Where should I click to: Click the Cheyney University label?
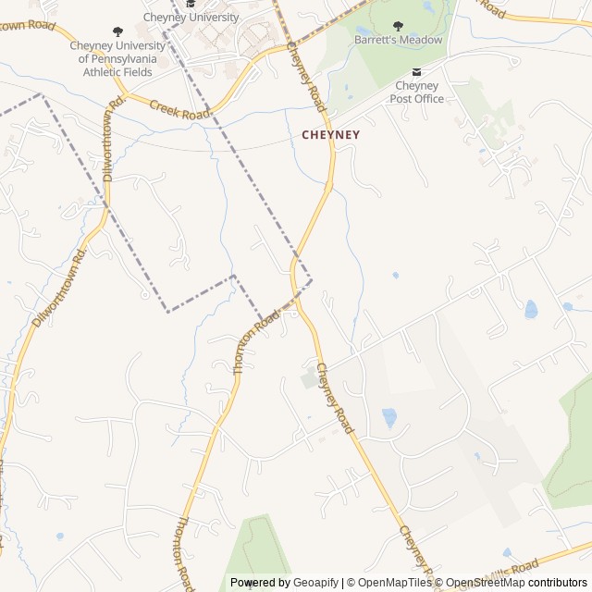(x=191, y=17)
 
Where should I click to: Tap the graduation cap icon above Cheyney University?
(x=191, y=4)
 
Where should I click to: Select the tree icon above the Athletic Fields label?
(x=117, y=31)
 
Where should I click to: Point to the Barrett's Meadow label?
(x=399, y=40)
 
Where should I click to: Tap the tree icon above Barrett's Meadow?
(x=399, y=27)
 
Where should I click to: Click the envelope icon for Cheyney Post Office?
(x=416, y=72)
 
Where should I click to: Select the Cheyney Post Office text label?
(x=416, y=92)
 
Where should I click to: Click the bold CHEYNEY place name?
(x=331, y=134)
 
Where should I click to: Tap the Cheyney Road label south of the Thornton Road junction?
(x=334, y=399)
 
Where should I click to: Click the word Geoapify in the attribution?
(x=316, y=583)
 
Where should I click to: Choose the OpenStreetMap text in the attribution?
(x=488, y=583)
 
